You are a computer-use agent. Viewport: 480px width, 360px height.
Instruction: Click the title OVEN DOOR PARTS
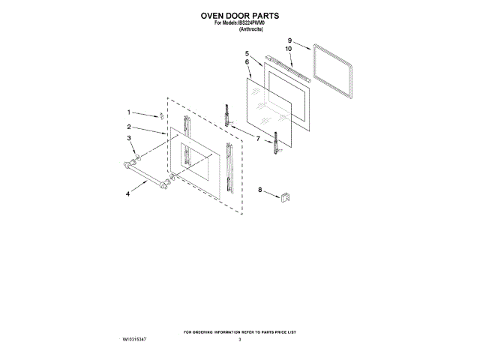[x=239, y=14]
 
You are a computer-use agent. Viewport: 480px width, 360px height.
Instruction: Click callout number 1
[x=128, y=111]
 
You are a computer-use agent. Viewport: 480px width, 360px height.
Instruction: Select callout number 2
[x=129, y=127]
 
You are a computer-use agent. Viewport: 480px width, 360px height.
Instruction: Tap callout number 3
[x=128, y=139]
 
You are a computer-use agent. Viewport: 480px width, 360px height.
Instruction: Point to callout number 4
[x=128, y=193]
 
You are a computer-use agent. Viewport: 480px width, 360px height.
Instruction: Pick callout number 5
[x=247, y=53]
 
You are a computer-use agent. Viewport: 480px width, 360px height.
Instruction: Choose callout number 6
[x=247, y=62]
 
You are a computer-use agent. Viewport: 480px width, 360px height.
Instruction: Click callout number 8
[x=260, y=190]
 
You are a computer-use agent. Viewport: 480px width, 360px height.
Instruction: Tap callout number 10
[x=289, y=49]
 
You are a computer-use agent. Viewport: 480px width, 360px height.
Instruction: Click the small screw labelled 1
[x=160, y=116]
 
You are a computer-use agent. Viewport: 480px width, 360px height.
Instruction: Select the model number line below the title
[x=240, y=22]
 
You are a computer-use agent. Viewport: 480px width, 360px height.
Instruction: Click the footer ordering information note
[x=240, y=331]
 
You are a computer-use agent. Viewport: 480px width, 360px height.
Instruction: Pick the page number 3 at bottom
[x=240, y=340]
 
